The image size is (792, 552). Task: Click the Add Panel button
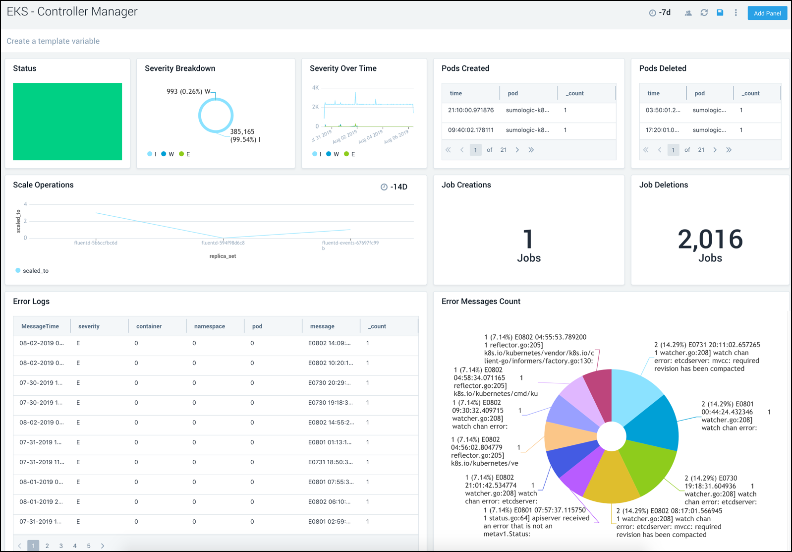[x=767, y=13]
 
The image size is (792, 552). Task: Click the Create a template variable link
[x=53, y=41]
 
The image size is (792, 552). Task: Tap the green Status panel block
[x=67, y=122]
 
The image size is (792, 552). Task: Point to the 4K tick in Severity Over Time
[x=315, y=88]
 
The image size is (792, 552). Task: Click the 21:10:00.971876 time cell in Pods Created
[x=470, y=110]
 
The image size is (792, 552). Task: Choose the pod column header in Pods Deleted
[x=699, y=93]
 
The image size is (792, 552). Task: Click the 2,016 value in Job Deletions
[x=710, y=240]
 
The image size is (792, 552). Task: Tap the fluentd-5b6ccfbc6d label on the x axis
[x=96, y=243]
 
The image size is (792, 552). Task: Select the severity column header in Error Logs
[x=89, y=326]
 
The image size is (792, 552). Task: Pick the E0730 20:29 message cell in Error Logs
[x=330, y=383]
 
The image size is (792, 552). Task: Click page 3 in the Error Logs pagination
[x=61, y=546]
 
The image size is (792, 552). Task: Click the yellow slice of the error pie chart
[x=612, y=479]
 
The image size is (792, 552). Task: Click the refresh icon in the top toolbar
[x=704, y=13]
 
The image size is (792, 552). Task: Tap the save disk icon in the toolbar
[x=720, y=13]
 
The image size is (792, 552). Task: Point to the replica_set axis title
[x=223, y=256]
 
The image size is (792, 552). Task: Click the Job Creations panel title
[x=466, y=185]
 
